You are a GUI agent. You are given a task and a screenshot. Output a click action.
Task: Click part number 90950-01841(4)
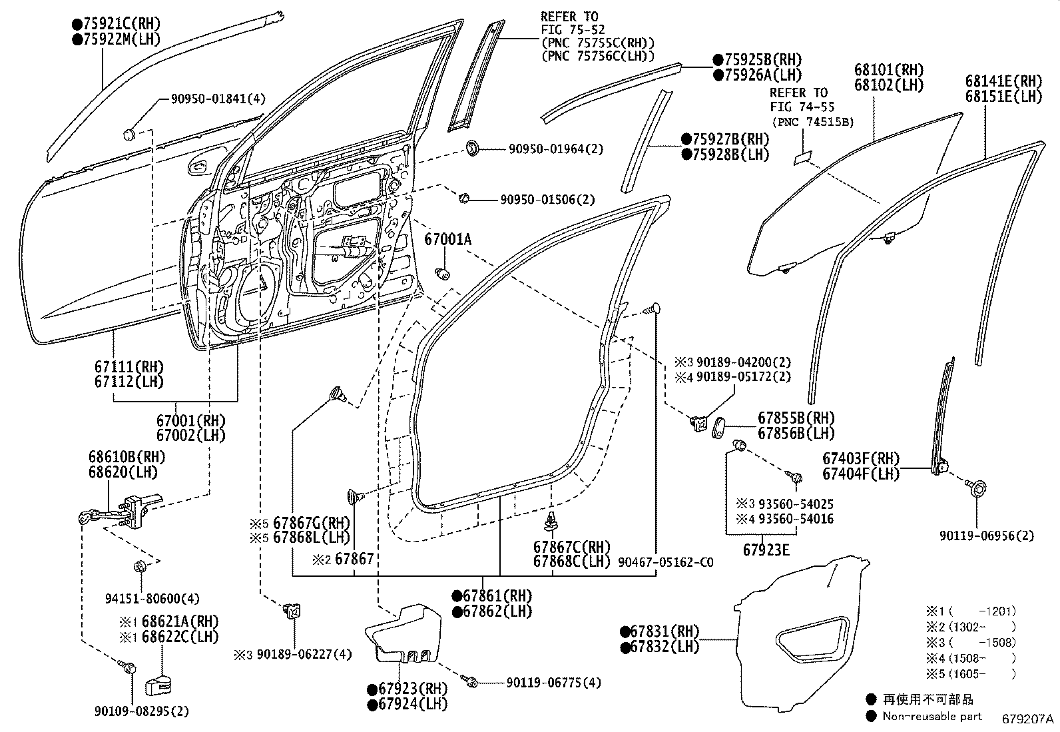(x=218, y=99)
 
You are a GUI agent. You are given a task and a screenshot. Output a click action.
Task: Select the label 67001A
(x=447, y=239)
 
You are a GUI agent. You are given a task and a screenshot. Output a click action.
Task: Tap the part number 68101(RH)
(x=890, y=70)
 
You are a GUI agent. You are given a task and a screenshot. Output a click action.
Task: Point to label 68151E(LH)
(x=1003, y=96)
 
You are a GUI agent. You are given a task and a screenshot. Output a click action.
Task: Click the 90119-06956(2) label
(x=987, y=536)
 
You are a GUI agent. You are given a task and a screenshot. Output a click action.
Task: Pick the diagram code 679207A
(x=1028, y=719)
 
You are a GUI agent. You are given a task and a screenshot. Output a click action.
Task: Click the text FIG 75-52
(x=569, y=29)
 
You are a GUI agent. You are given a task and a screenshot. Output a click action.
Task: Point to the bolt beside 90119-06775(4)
(x=472, y=682)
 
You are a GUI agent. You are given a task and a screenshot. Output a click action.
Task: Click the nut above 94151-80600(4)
(x=140, y=567)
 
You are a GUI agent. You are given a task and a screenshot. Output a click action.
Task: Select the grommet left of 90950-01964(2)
(x=472, y=148)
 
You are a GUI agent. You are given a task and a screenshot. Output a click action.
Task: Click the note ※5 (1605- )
(x=971, y=673)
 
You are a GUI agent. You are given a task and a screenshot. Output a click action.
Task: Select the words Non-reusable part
(x=931, y=716)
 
